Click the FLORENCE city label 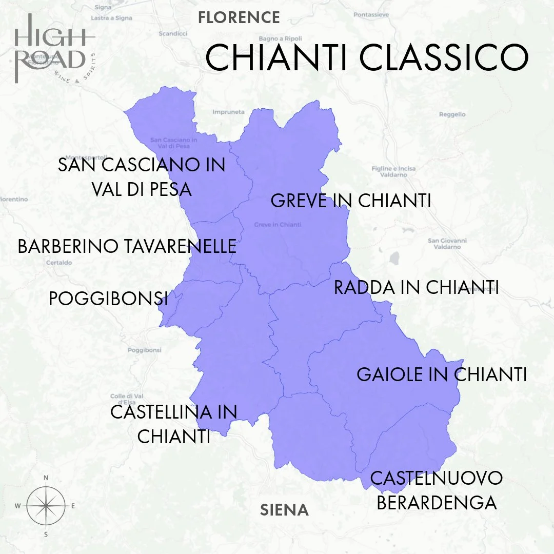239,17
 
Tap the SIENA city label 284,510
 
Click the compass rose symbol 46,506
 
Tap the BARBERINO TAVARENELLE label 127,246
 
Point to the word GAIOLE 388,374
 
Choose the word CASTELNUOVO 436,478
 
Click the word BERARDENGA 437,502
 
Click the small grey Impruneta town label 228,111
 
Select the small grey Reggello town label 452,114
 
